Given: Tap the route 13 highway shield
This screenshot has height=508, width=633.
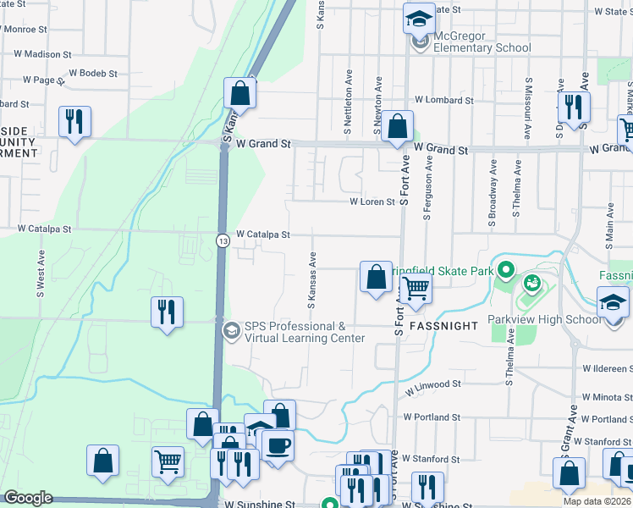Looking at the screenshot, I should point(222,240).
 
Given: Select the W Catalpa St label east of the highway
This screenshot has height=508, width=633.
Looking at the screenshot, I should point(263,234).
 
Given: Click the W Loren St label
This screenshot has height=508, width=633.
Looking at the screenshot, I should point(372,202).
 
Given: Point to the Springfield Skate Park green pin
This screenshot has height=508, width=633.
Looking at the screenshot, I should point(506,272).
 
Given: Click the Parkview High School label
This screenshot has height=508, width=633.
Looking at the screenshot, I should point(545,319).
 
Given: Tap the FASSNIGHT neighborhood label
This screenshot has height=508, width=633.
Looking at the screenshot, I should point(444,325).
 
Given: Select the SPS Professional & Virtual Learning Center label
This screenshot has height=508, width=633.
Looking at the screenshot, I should point(305,332).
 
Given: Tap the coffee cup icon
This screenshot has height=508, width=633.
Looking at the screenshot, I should point(278,444).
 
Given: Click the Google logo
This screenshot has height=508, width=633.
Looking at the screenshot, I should point(28,498).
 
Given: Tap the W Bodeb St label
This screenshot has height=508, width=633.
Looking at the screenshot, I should point(94,74).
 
